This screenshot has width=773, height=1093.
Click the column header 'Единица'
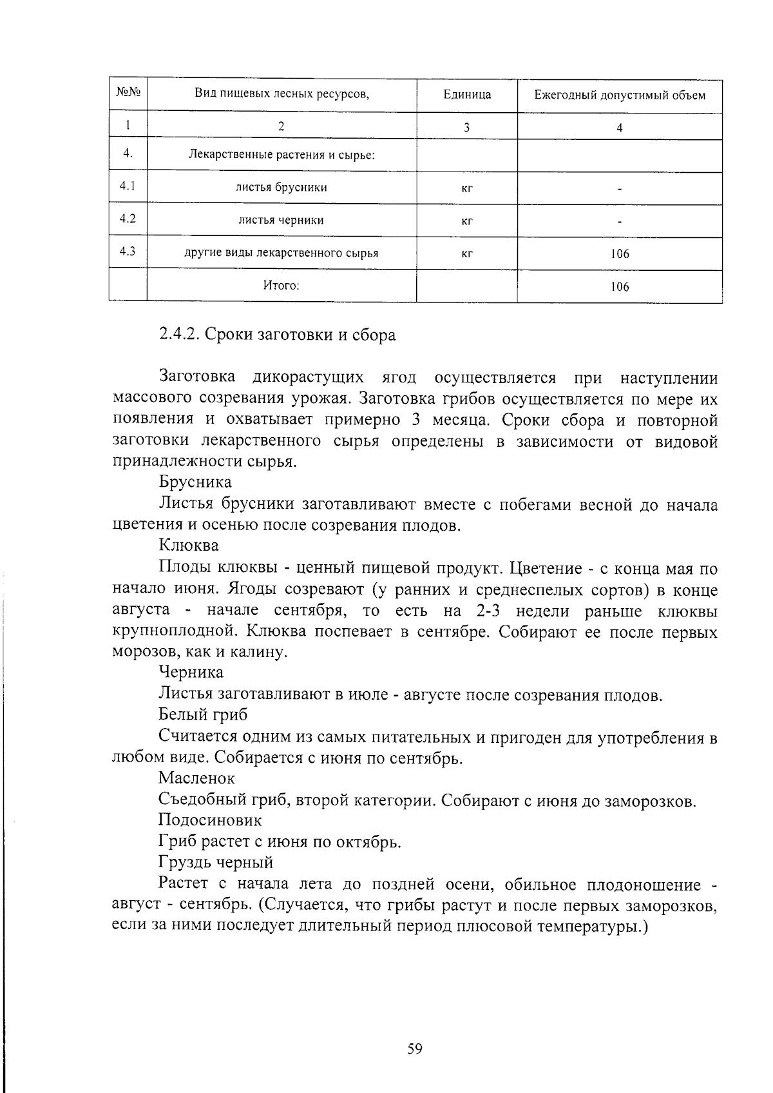tap(467, 95)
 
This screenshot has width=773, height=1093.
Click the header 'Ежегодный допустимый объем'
tap(619, 95)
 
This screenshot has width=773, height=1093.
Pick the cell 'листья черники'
tap(282, 220)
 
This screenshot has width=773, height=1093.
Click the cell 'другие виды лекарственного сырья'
tap(282, 253)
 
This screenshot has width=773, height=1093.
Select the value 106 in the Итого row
tap(620, 287)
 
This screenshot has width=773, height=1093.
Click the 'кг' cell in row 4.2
tap(468, 221)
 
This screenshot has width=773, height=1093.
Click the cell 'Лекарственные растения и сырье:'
tap(282, 155)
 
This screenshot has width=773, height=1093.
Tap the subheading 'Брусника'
tap(195, 482)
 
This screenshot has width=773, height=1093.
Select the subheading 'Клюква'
tap(189, 546)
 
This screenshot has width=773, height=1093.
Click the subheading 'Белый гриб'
tap(203, 714)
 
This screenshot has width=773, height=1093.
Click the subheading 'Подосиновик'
tap(210, 820)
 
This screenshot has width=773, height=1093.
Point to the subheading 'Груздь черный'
tap(216, 862)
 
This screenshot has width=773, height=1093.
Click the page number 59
tap(415, 1049)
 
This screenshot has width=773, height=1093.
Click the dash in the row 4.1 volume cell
tap(620, 190)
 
